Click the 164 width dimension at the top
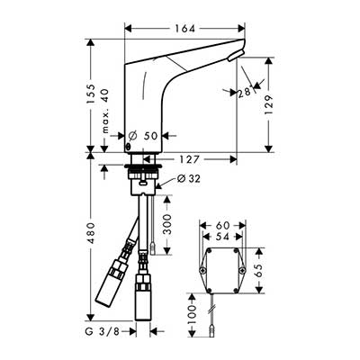point(185,29)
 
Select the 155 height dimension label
point(90,94)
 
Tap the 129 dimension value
point(269,104)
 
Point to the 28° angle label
point(245,93)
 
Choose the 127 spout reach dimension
point(190,159)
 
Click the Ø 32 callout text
point(188,179)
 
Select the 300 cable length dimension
point(167,224)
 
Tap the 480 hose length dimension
point(90,233)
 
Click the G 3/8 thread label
point(103,331)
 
